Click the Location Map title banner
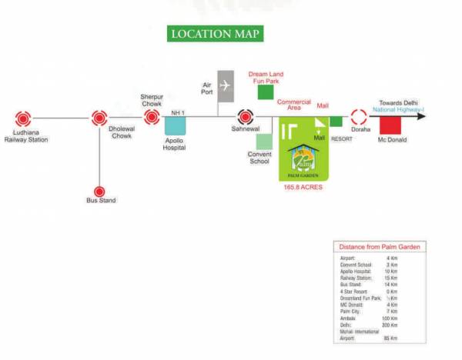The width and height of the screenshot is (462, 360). [x=215, y=34]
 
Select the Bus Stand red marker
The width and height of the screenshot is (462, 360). [x=99, y=191]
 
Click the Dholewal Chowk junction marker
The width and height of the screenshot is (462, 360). [x=99, y=118]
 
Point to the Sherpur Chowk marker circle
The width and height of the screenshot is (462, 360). [x=152, y=118]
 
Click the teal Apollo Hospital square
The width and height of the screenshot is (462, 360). [x=175, y=126]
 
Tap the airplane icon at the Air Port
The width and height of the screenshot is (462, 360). [x=225, y=85]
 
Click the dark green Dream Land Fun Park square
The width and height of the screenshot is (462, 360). [x=266, y=92]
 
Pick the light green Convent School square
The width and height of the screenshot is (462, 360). [x=264, y=142]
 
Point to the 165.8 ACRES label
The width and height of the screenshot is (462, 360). [x=303, y=187]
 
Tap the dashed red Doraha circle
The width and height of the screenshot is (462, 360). [x=359, y=118]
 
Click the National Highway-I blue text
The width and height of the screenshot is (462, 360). [x=398, y=110]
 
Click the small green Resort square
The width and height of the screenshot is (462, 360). [x=336, y=122]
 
